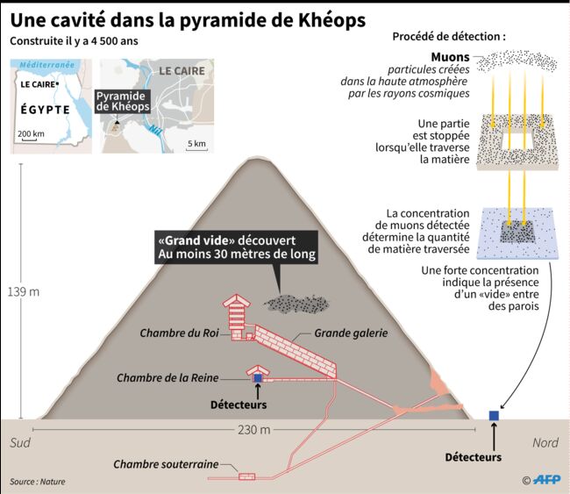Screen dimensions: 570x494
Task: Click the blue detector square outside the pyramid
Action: point(494,415)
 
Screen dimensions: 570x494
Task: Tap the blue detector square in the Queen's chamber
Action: point(258,378)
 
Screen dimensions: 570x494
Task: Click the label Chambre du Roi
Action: point(179,333)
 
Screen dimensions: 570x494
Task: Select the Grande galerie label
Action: point(351,333)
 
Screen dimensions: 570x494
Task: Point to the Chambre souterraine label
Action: point(166,464)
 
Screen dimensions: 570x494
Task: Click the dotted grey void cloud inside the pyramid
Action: point(296,304)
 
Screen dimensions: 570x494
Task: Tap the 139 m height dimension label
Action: point(24,291)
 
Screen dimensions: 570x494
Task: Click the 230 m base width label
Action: point(254,430)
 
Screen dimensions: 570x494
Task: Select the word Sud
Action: point(20,443)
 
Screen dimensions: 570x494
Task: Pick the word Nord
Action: point(545,443)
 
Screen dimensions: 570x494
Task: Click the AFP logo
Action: point(546,480)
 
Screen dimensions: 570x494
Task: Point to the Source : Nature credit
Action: point(38,481)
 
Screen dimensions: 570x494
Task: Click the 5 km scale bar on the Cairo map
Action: point(196,149)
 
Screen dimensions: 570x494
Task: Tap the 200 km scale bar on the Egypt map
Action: point(26,140)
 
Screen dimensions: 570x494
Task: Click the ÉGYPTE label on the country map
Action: point(46,110)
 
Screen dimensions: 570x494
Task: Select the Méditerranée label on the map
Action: point(46,65)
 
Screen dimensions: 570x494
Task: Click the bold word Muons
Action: point(450,57)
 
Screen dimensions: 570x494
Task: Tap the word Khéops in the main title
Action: point(331,20)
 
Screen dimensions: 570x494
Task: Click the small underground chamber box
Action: point(246,476)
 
